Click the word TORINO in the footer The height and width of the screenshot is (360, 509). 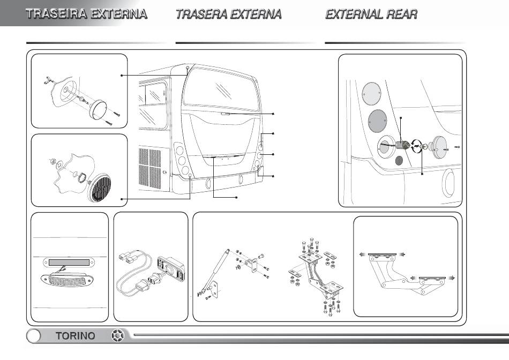coord(76,336)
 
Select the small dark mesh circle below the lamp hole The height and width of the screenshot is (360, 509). coord(399,161)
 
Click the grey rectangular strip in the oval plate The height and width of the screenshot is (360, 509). coord(70,262)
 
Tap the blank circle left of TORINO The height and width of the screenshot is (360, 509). coord(34,336)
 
